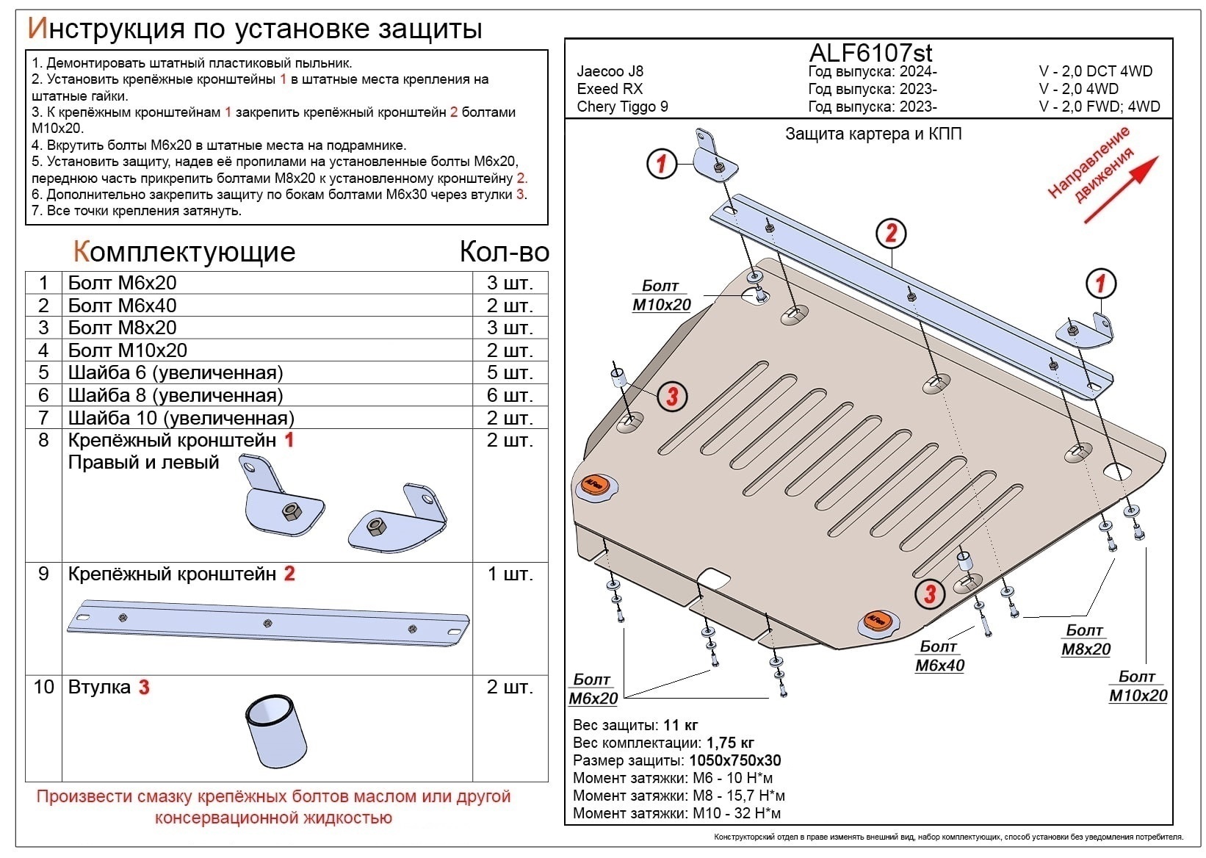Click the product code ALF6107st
pos(870,53)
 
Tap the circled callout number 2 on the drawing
pos(891,234)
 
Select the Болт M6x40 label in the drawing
pos(939,656)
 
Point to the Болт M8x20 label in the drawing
pos(1086,640)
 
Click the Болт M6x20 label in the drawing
pos(593,689)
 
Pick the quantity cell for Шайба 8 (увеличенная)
pos(510,395)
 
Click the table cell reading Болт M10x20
pos(128,350)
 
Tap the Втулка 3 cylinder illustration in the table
pos(276,732)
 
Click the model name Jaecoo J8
pos(610,71)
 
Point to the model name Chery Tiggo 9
pos(622,107)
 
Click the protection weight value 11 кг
pos(680,725)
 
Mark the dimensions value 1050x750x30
pos(734,760)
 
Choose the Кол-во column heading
pos(504,252)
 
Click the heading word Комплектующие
pos(184,252)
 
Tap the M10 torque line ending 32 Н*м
pos(676,813)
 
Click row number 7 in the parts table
pos(43,418)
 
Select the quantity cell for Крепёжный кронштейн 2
pos(510,574)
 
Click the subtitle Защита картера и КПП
pos(873,134)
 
